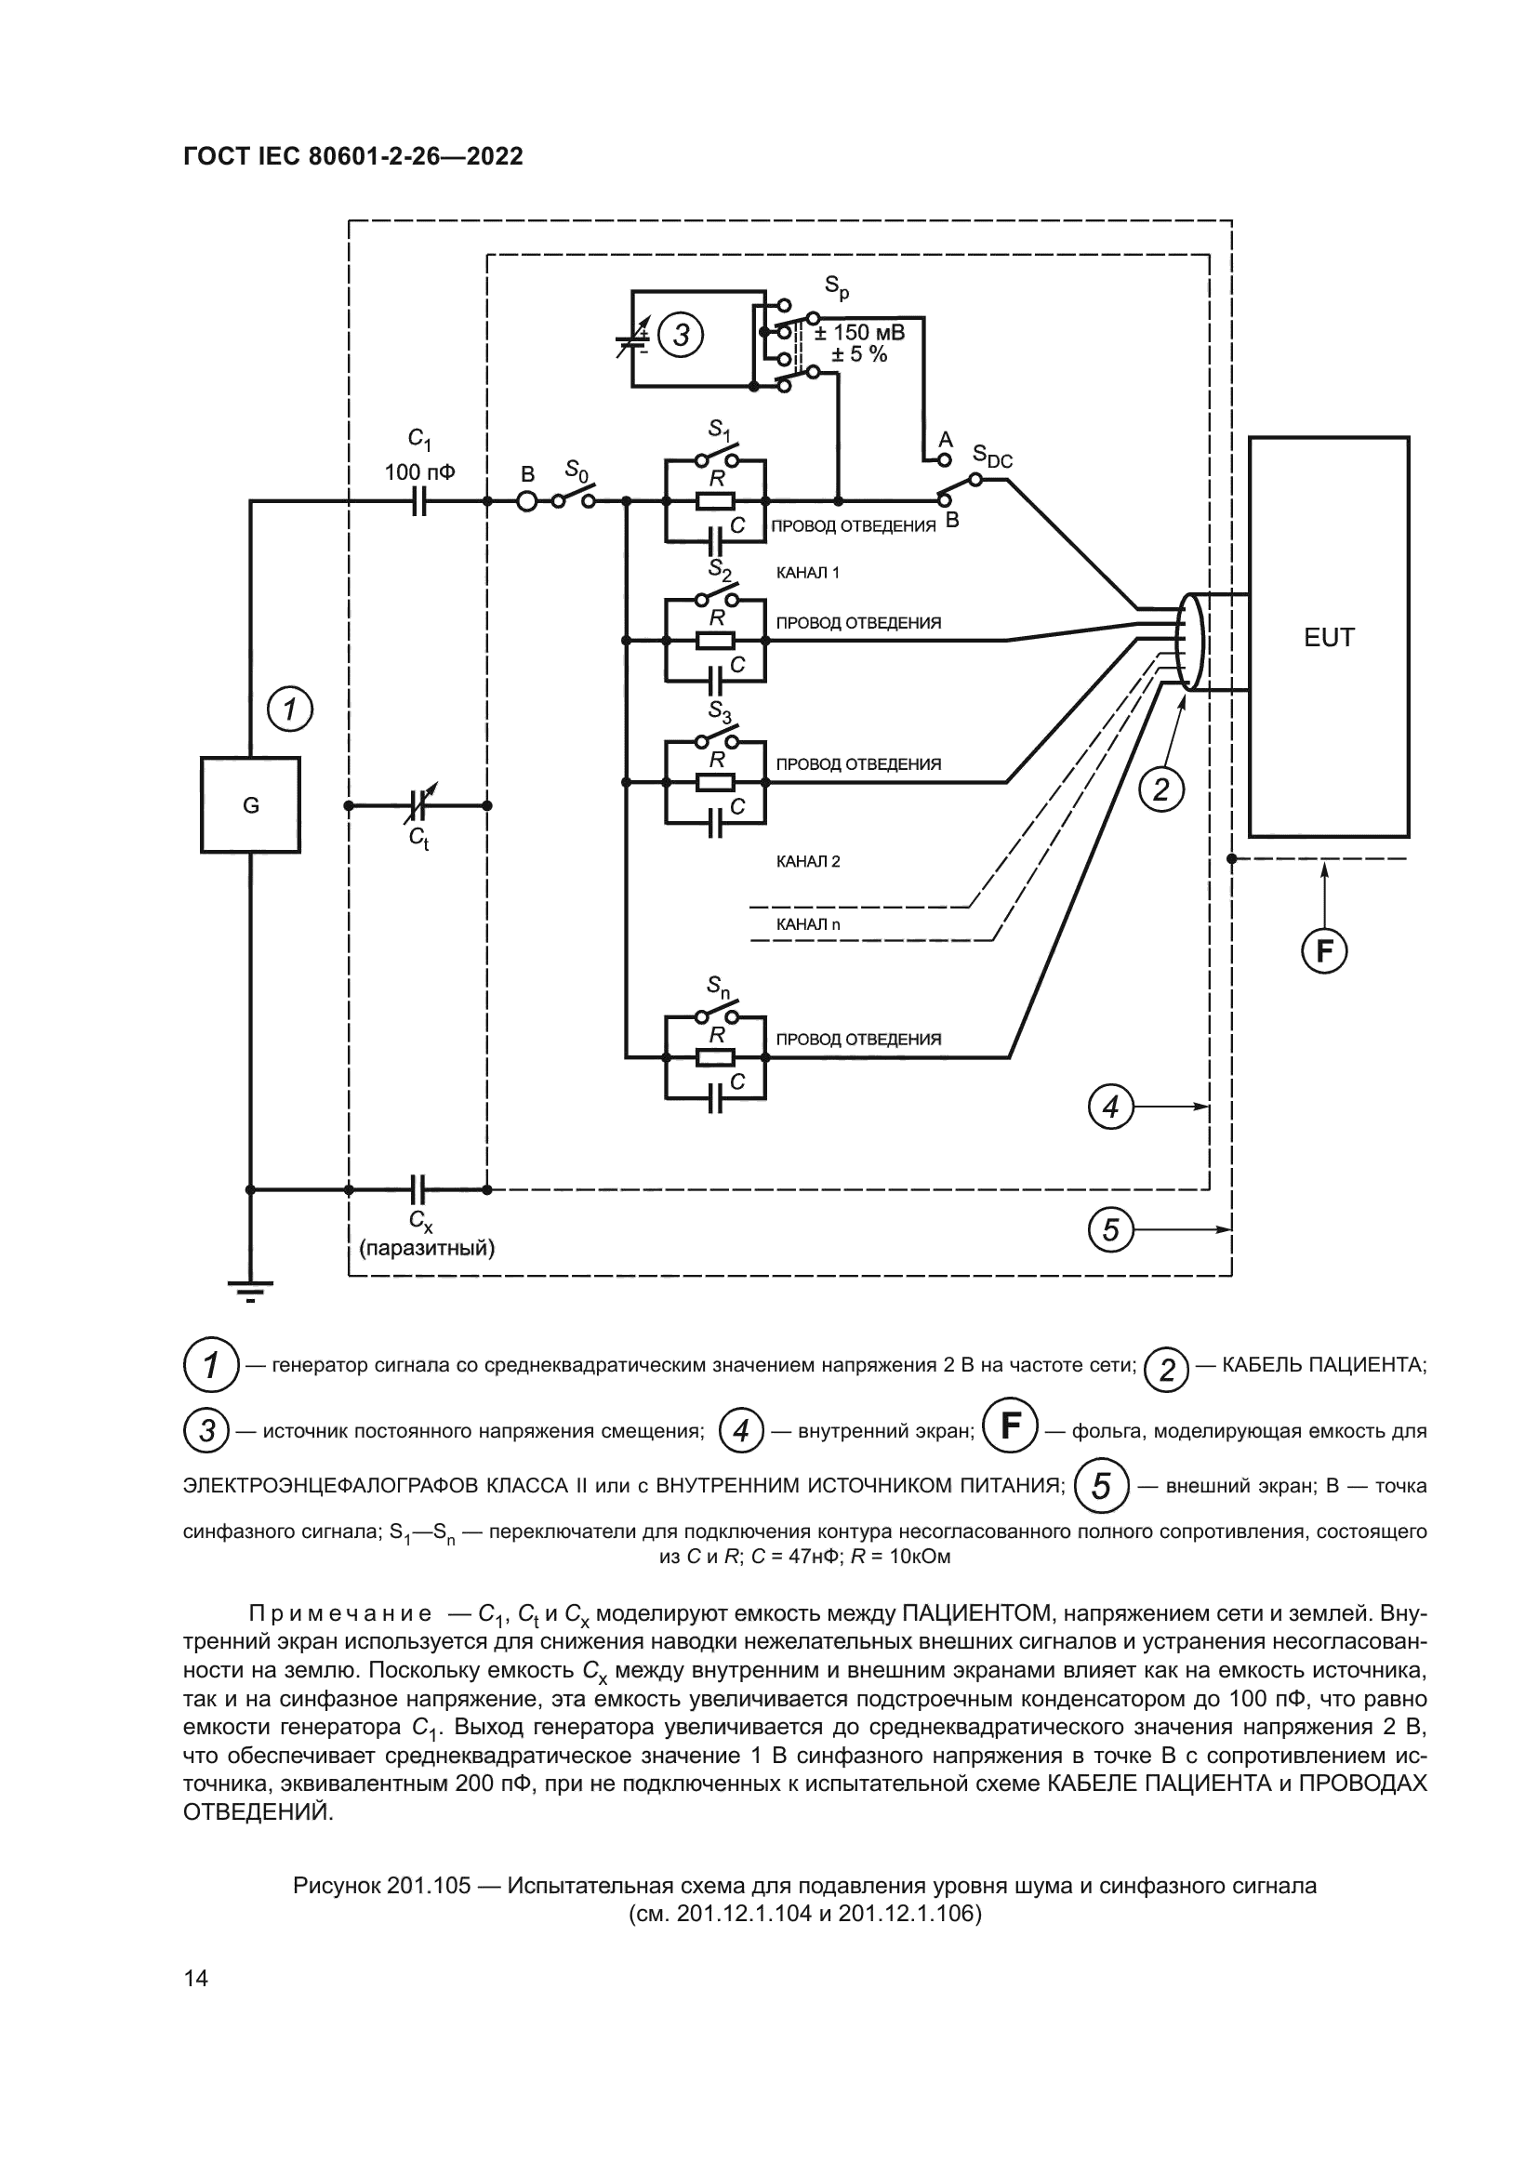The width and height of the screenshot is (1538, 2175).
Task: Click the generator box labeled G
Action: [250, 805]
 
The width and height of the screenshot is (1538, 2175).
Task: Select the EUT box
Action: [1329, 637]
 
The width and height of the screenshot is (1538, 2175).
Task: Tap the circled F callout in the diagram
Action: [1324, 950]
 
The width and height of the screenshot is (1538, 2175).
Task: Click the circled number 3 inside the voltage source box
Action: [680, 336]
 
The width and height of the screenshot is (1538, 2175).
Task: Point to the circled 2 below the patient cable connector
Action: [1161, 789]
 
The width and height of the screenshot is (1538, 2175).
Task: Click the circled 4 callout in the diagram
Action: [1111, 1107]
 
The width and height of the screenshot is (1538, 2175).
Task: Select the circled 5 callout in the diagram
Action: [1111, 1229]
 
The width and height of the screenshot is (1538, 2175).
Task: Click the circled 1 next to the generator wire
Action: [290, 709]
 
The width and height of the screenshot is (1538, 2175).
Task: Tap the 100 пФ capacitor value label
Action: [419, 471]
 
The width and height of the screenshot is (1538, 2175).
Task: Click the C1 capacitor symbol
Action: [419, 501]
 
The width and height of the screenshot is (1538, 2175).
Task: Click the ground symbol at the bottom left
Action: [250, 1291]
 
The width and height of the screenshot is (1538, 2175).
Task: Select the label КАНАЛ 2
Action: [808, 862]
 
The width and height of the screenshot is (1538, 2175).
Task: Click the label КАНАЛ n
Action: [808, 923]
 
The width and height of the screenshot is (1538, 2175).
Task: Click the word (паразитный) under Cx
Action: [427, 1248]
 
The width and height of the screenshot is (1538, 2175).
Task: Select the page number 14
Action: [196, 1978]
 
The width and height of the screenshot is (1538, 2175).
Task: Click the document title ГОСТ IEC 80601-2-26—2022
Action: [352, 156]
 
